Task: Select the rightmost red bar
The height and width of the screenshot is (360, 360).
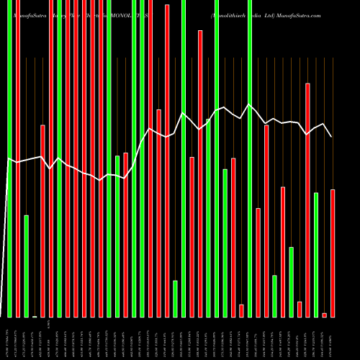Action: point(333,253)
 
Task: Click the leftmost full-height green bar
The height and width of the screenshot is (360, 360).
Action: point(10,158)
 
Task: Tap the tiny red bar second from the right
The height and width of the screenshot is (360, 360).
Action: point(325,315)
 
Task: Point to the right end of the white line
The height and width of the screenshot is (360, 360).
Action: point(332,137)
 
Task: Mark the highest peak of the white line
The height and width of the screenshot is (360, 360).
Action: point(250,105)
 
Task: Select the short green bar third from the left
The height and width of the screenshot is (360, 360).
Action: point(27,266)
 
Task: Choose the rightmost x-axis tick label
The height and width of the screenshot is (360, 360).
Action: point(333,338)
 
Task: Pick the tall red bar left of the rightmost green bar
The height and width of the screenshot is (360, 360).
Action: point(308,199)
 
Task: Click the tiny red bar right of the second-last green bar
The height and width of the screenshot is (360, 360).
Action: point(300,309)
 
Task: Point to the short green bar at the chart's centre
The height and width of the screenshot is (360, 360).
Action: point(175,298)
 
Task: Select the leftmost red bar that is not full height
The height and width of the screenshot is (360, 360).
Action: point(43,220)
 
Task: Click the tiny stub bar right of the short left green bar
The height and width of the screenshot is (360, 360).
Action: point(35,316)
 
